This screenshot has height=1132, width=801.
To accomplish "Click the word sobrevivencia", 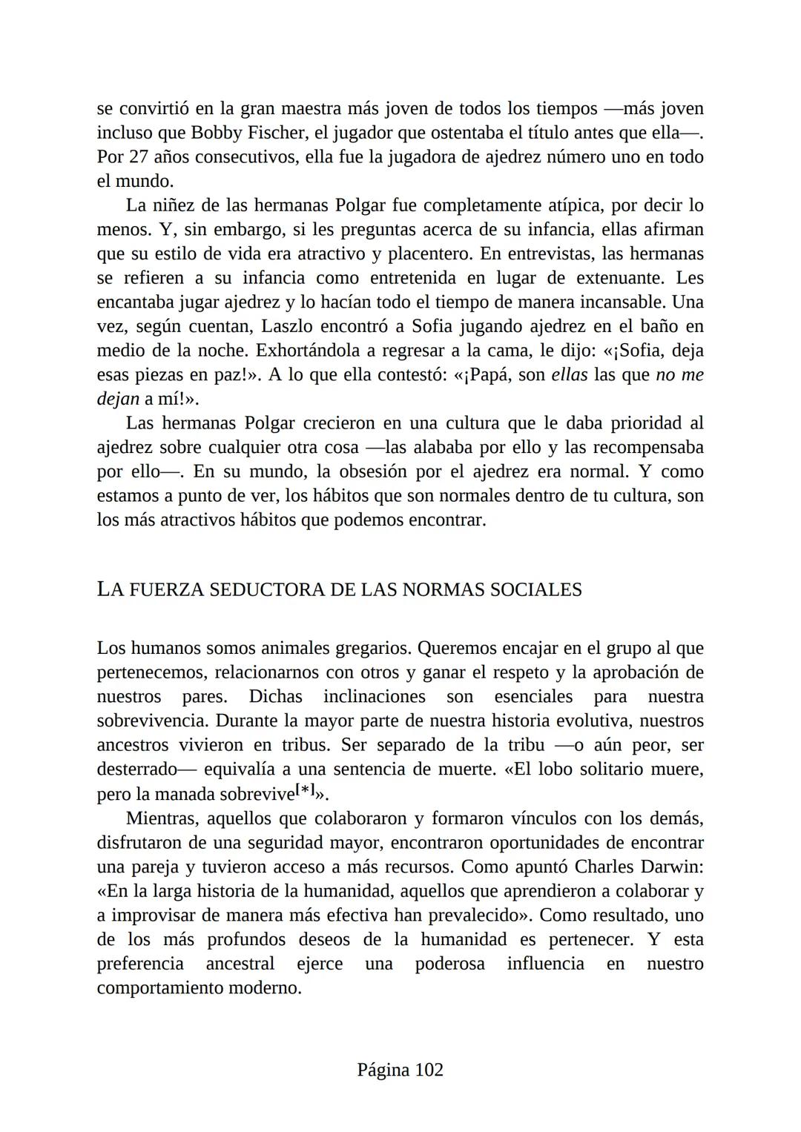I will pos(154,721).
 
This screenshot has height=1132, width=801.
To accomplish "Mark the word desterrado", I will pos(136,769).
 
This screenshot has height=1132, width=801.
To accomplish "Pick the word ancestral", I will pos(240,964).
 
